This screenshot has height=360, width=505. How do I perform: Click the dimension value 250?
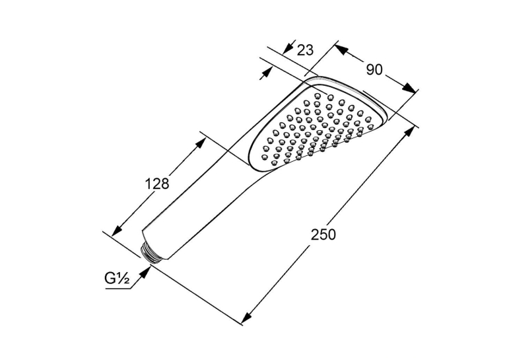[323, 234]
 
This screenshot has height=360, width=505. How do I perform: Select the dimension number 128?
[157, 184]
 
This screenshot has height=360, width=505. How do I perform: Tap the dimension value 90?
[374, 69]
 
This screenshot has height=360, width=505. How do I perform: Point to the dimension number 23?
[305, 50]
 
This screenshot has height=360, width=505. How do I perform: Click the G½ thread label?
[117, 278]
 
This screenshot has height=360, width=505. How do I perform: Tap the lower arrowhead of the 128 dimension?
[117, 231]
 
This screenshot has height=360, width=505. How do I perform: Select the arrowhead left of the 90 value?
[342, 50]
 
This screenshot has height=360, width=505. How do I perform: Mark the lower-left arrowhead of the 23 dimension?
[266, 73]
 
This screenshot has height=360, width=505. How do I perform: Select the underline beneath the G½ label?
[118, 289]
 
